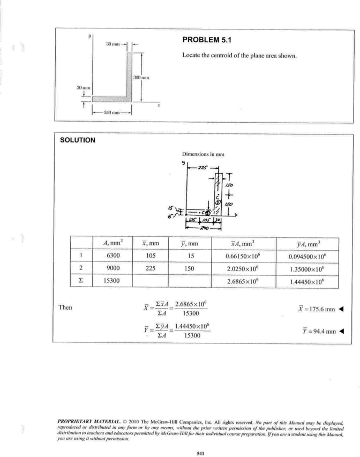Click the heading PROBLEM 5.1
tap(207, 40)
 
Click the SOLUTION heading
tap(78, 140)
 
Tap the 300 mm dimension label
tap(141, 78)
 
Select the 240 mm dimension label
tap(112, 113)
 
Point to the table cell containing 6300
tap(113, 256)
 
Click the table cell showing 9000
tap(113, 268)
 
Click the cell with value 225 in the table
tap(151, 268)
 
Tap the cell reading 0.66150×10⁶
tap(243, 256)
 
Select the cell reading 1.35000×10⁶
tap(307, 269)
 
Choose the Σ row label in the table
tap(81, 281)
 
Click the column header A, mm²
tap(113, 243)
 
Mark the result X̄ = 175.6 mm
tap(317, 309)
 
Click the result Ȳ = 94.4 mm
tap(319, 331)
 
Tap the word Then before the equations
tap(65, 308)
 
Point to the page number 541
tap(200, 453)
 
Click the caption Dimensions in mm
tap(203, 154)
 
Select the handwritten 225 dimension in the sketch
tap(202, 168)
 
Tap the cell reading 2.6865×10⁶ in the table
tap(243, 282)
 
